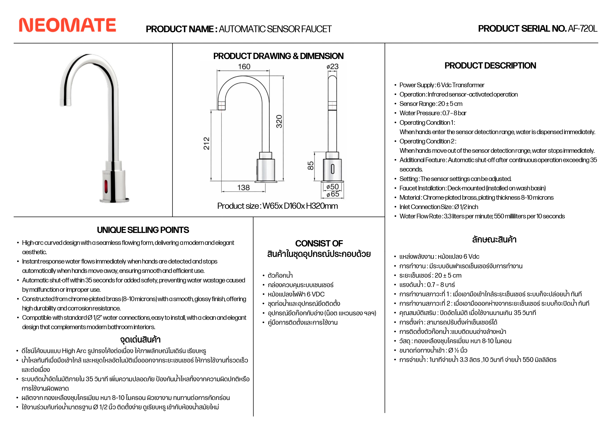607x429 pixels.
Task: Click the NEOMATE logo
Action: (67, 25)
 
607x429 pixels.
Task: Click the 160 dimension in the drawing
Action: (244, 67)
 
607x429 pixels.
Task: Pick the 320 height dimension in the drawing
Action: (279, 121)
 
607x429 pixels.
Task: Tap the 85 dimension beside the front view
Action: (310, 166)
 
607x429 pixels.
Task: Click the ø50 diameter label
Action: (333, 187)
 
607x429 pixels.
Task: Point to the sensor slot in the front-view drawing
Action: (333, 169)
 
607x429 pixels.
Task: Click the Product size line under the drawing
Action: (277, 206)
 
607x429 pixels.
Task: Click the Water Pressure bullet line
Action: (433, 113)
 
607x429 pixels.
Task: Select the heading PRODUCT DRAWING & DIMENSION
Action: (278, 56)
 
